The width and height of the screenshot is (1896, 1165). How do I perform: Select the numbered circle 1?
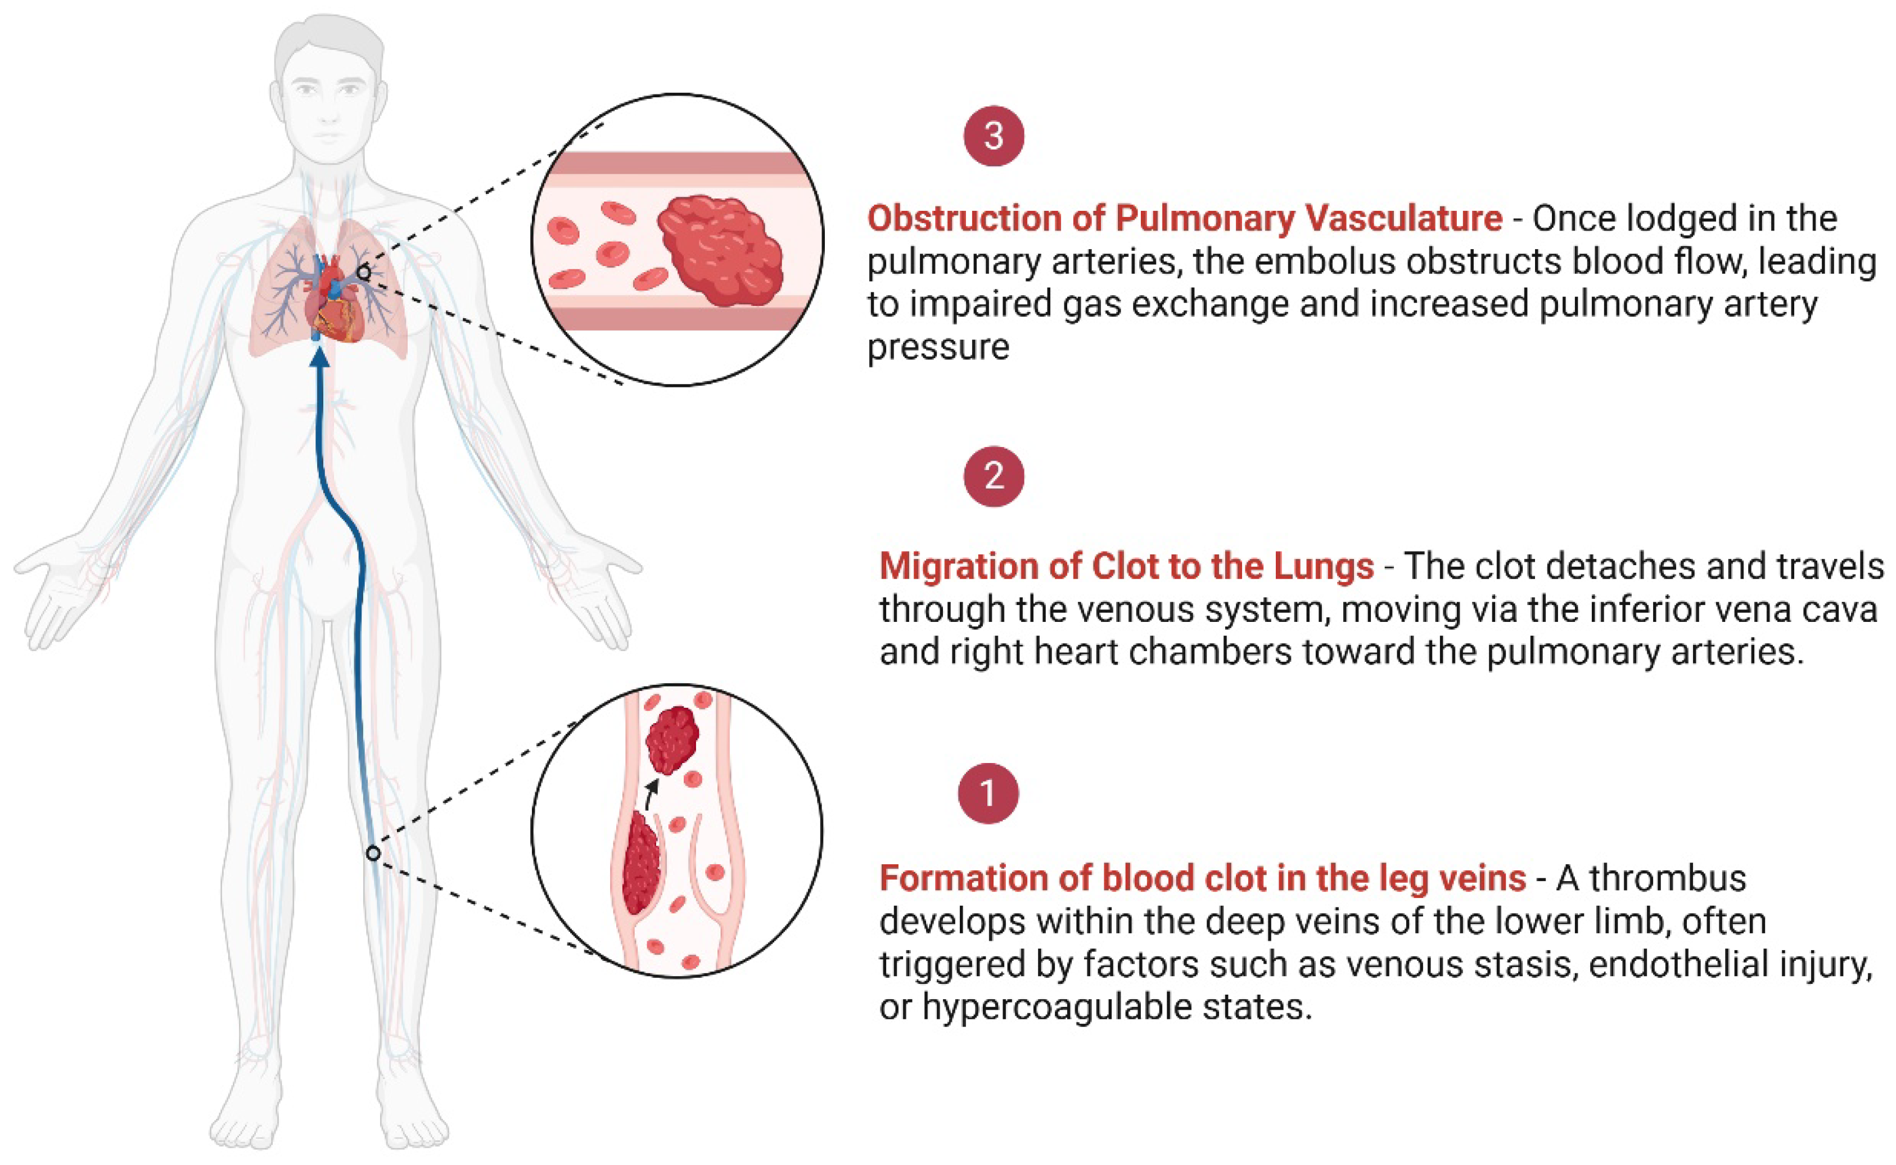point(988,793)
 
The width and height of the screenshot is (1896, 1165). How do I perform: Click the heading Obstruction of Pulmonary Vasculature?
point(1184,219)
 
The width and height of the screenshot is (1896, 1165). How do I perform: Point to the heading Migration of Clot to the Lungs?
point(1126,566)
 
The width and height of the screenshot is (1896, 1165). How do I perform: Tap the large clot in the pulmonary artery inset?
point(720,249)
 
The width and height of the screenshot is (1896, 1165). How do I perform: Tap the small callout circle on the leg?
point(373,853)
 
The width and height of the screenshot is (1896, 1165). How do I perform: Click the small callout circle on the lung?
point(364,272)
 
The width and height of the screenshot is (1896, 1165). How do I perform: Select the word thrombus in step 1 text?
point(1668,878)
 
